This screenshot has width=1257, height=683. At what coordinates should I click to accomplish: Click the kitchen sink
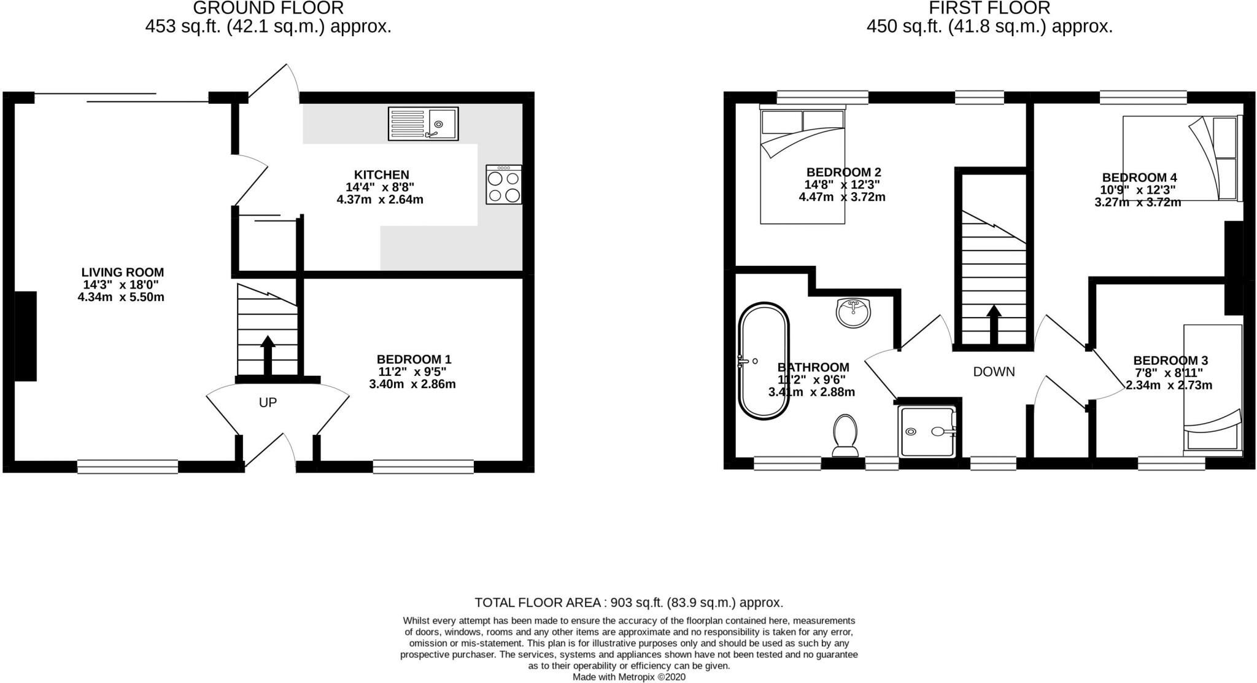click(423, 123)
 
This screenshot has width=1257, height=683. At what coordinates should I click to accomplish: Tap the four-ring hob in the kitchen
click(503, 185)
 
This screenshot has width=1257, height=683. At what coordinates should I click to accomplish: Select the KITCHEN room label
click(381, 174)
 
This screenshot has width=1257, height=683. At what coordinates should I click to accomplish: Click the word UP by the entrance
click(268, 402)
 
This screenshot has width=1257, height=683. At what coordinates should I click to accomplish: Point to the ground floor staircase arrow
click(268, 355)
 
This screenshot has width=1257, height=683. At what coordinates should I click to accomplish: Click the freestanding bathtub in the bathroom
click(764, 361)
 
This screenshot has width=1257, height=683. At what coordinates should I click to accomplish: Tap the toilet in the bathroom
click(846, 435)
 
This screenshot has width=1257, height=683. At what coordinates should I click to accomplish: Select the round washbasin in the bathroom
click(853, 313)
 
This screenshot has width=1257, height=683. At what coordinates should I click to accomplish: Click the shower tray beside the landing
click(927, 431)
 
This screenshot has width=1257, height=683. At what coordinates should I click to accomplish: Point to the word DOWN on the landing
click(994, 372)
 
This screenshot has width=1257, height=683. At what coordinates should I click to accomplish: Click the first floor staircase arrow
click(994, 324)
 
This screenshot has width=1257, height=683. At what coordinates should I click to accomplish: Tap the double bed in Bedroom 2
click(802, 166)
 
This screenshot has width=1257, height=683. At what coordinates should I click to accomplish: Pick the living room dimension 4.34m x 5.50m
click(121, 297)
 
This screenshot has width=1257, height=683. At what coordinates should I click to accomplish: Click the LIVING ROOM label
click(123, 272)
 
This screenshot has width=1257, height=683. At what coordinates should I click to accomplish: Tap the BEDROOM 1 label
click(414, 359)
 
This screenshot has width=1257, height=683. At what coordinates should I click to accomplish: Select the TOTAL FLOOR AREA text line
click(628, 603)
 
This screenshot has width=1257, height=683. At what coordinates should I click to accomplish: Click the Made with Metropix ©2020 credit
click(628, 677)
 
